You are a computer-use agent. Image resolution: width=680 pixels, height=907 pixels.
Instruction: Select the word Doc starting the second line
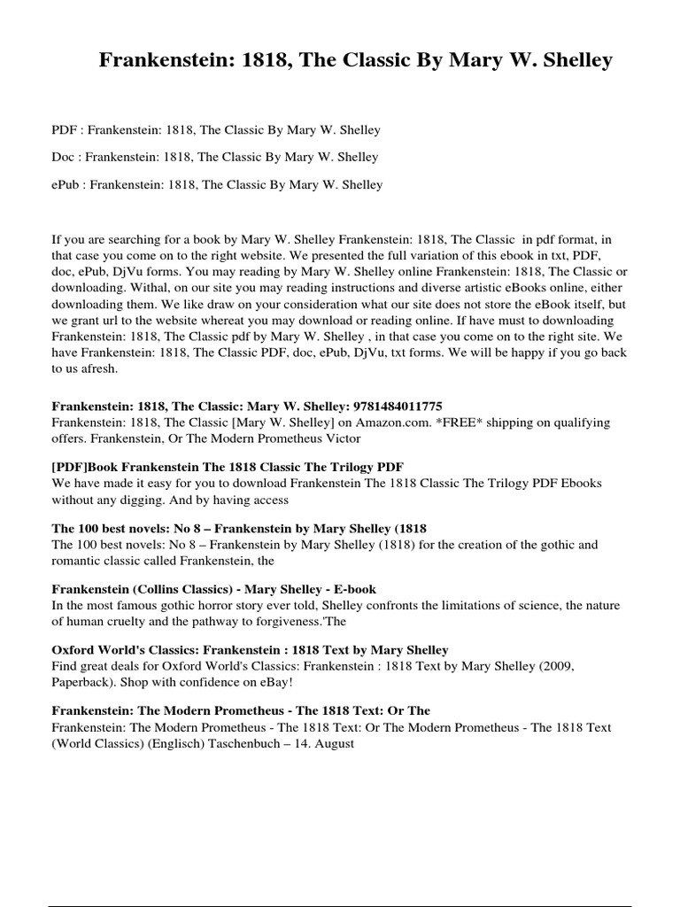(64, 158)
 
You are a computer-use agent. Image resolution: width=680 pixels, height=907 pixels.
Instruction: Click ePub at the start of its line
(67, 185)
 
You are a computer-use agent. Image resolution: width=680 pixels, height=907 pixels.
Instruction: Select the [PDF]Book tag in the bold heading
(87, 466)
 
